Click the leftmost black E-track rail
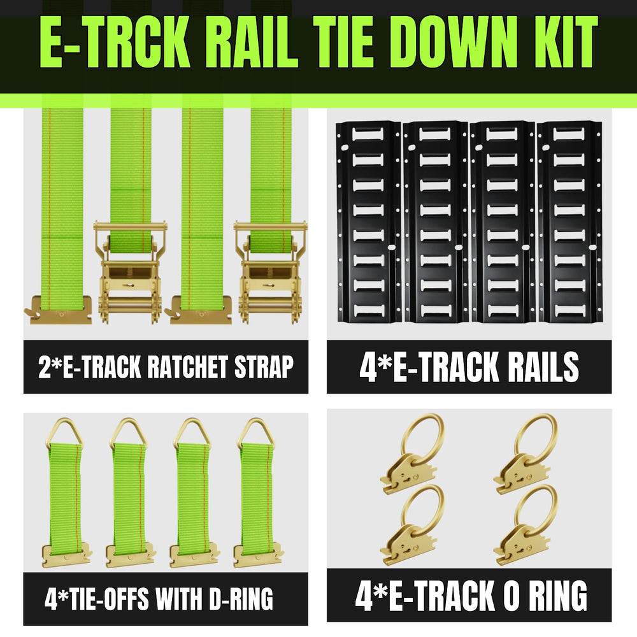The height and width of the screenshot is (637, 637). click(x=368, y=222)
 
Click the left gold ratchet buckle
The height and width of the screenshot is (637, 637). click(x=130, y=272)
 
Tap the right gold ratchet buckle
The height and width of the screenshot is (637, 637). click(x=269, y=272)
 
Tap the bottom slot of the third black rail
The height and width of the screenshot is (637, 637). click(x=502, y=310)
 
